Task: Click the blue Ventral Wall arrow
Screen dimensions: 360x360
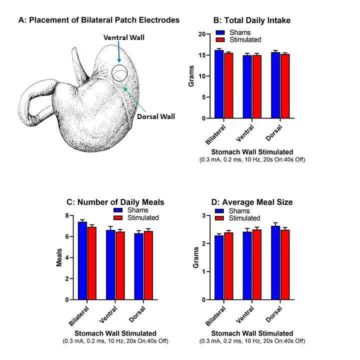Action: tap(118, 52)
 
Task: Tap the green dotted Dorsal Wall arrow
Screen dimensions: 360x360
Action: tap(134, 99)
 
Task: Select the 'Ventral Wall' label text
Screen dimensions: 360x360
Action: tap(124, 37)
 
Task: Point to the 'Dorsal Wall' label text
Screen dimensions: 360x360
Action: tap(156, 116)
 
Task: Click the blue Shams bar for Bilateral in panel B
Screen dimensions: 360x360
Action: tap(219, 84)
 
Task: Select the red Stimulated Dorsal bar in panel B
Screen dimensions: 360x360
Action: tap(285, 86)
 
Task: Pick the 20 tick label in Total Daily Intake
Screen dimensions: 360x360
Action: tap(202, 34)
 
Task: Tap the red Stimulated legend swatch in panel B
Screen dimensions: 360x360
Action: tap(220, 39)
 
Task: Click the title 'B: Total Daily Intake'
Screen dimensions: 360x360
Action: tap(252, 20)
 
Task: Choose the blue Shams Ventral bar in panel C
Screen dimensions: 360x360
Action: tap(110, 265)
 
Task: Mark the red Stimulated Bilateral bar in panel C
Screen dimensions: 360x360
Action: tap(92, 263)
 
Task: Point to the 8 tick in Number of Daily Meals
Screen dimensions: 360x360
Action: tap(67, 215)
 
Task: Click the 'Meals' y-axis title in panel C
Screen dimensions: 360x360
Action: tap(59, 257)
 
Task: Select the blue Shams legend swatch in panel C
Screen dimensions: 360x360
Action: tap(118, 210)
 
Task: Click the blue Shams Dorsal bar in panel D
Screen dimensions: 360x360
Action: tap(275, 263)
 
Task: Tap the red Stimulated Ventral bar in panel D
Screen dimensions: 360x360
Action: tap(257, 264)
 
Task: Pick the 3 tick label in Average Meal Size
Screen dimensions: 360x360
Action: tap(204, 215)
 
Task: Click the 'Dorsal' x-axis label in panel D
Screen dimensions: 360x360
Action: tap(274, 314)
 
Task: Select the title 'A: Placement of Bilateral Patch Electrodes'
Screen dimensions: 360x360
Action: tap(99, 20)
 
